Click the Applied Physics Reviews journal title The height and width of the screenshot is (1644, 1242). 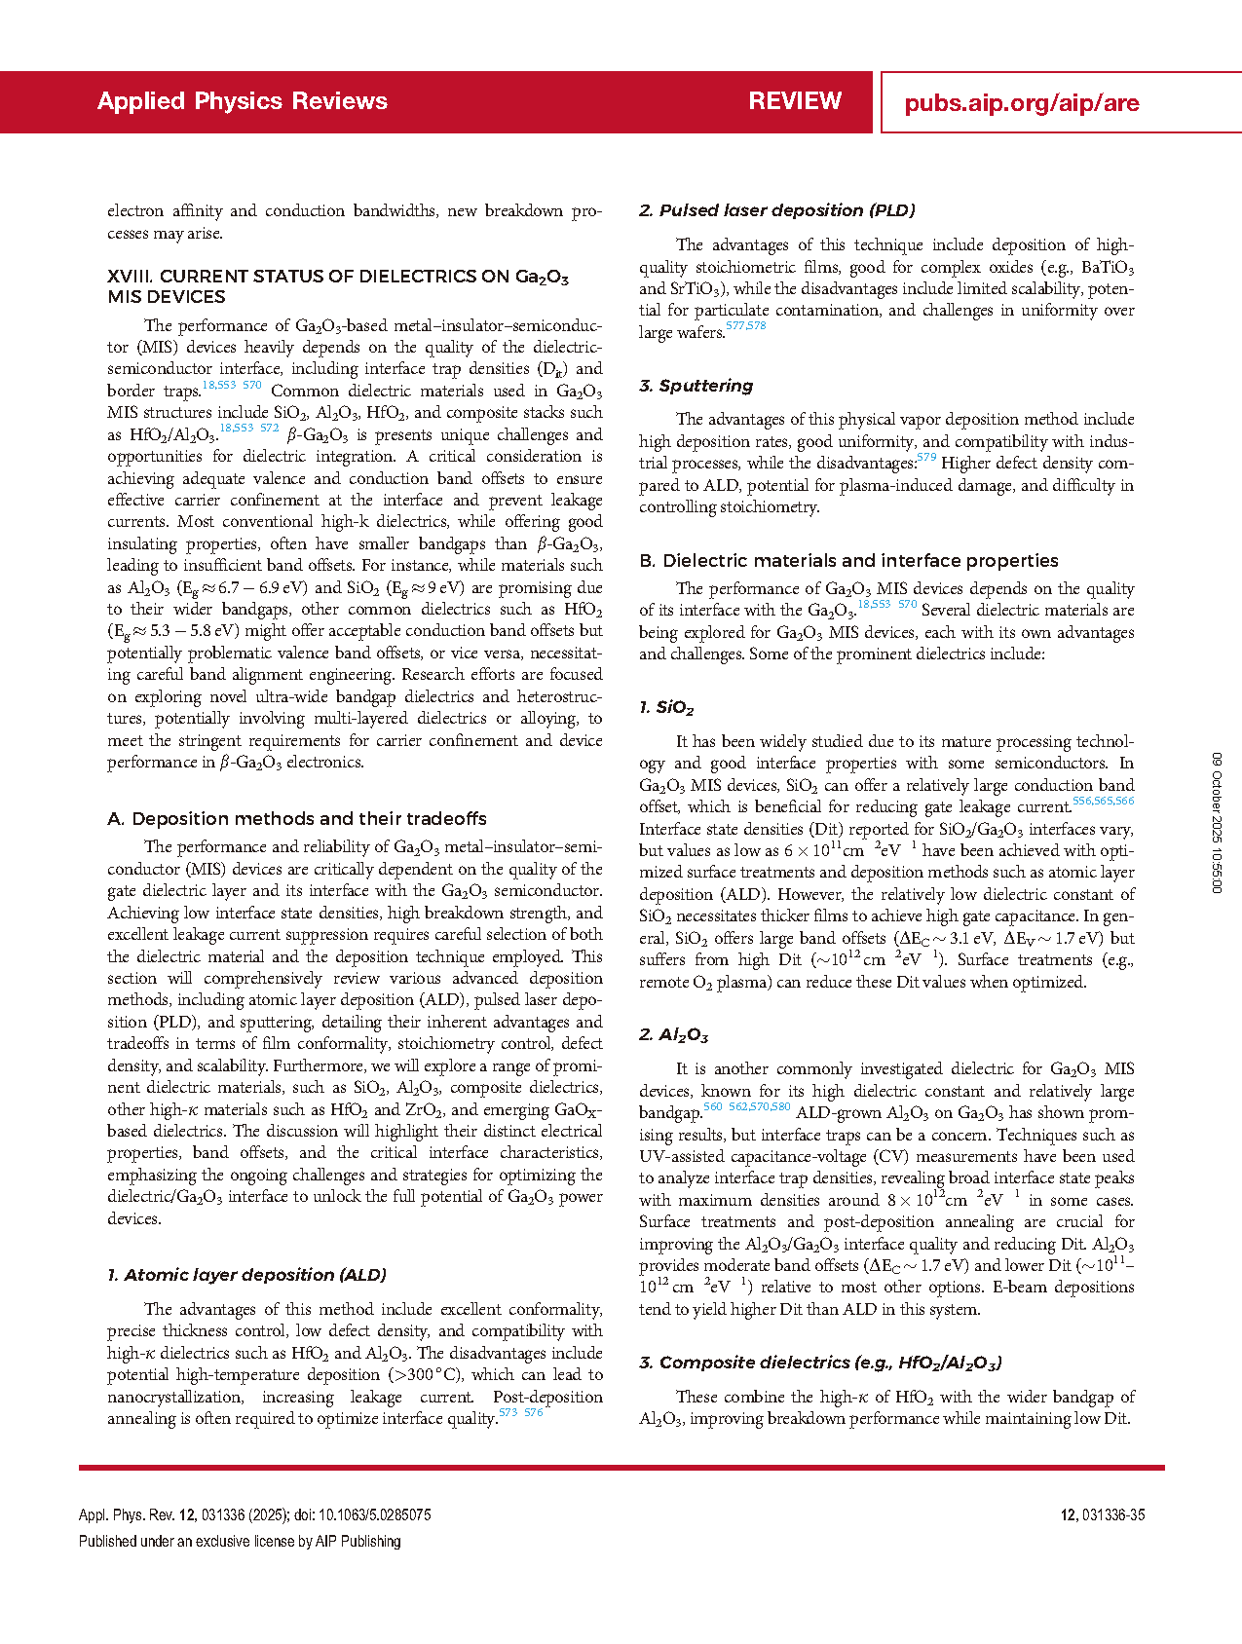(x=242, y=101)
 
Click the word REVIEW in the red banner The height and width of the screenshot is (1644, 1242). (x=795, y=101)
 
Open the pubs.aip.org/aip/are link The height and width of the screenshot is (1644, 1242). (x=1021, y=103)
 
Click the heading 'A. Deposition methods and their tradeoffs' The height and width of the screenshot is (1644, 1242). (x=296, y=819)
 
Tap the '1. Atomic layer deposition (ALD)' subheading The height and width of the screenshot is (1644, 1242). (x=246, y=1275)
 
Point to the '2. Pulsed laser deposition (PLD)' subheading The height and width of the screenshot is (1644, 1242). (x=776, y=210)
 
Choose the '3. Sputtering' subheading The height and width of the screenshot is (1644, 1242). (x=696, y=386)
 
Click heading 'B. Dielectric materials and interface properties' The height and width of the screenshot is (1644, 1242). (x=848, y=561)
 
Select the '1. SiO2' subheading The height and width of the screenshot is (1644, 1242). (x=666, y=708)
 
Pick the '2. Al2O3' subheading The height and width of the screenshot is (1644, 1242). (x=673, y=1035)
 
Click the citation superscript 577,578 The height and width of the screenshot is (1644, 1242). (x=746, y=326)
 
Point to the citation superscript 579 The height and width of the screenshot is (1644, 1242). (x=925, y=457)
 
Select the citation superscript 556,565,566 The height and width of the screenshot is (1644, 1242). (x=1103, y=801)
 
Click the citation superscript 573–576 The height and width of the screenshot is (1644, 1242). (x=521, y=1412)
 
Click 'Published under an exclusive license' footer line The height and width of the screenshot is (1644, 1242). (x=240, y=1541)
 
